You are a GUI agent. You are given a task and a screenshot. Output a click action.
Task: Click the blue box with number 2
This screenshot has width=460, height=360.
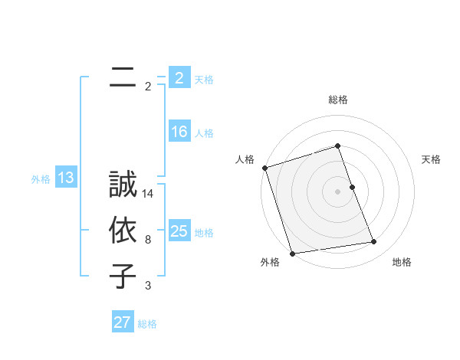pos(179,78)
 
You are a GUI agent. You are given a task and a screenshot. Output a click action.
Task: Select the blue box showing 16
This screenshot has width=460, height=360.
pos(179,132)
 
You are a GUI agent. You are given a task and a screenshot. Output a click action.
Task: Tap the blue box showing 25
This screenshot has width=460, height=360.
pos(179,231)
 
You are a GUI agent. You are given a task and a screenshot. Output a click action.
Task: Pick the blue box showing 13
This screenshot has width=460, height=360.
pos(66,178)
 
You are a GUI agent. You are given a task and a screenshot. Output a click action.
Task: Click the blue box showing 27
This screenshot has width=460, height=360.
pos(122,322)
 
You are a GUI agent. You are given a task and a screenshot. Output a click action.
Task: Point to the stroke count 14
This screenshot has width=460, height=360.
pos(149,194)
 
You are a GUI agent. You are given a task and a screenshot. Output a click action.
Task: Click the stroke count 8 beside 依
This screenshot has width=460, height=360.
pos(148,240)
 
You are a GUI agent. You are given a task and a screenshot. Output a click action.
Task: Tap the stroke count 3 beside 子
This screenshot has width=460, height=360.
pos(148,286)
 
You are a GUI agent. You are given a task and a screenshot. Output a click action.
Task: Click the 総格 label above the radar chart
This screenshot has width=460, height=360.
pos(338,100)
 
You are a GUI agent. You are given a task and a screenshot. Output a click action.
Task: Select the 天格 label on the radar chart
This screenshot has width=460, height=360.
pos(432,159)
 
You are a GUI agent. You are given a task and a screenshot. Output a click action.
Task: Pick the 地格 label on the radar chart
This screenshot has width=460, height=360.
pos(402,262)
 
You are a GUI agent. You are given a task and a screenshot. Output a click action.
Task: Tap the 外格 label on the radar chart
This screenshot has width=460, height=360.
pos(269,262)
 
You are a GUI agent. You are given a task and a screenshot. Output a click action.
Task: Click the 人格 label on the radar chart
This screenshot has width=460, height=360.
pos(245,159)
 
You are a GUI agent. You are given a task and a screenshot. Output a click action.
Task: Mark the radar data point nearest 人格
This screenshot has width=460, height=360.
pos(264,168)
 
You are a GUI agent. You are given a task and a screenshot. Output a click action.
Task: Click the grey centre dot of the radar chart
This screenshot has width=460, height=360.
pos(338,191)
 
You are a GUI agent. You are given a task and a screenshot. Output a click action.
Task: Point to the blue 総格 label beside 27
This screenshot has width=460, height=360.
pos(147,324)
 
